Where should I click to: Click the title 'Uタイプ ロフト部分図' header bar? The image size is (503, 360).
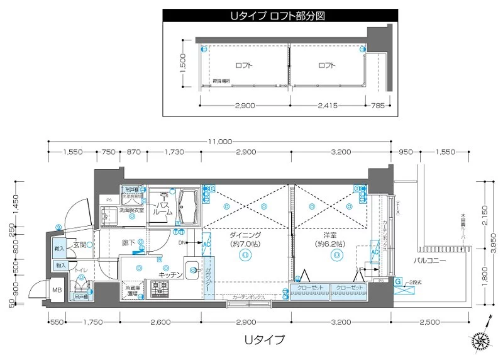tap(280, 15)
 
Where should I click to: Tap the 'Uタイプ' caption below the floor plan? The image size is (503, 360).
tap(264, 339)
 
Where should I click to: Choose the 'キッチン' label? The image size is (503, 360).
tap(170, 274)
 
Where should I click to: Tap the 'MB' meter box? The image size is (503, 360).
tap(57, 291)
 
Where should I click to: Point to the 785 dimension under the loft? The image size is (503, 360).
tap(378, 106)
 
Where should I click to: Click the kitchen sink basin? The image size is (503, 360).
tap(192, 266)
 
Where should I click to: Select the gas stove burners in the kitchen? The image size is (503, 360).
tap(159, 289)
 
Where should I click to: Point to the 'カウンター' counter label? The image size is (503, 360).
tap(208, 281)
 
